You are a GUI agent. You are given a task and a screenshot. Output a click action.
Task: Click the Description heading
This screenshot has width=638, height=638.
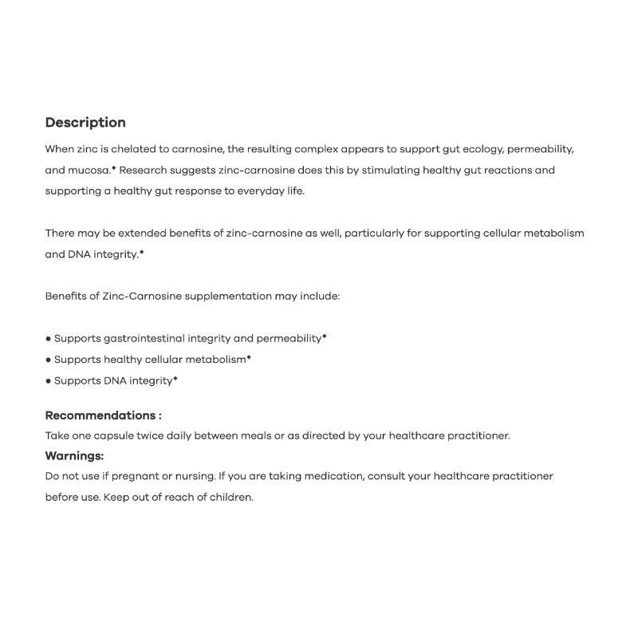[x=85, y=123]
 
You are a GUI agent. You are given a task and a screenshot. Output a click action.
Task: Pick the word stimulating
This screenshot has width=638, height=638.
[x=386, y=171]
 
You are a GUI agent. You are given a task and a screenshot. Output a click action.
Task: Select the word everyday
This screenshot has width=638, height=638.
[x=258, y=191]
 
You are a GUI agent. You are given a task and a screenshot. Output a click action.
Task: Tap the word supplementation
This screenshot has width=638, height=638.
[x=227, y=296]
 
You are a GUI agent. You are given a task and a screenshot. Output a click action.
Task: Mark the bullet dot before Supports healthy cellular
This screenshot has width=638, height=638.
[x=49, y=360]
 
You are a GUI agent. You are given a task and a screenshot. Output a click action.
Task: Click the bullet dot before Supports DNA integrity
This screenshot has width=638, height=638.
[x=49, y=381]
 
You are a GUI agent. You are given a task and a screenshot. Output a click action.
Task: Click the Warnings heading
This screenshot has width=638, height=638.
[x=75, y=456]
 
